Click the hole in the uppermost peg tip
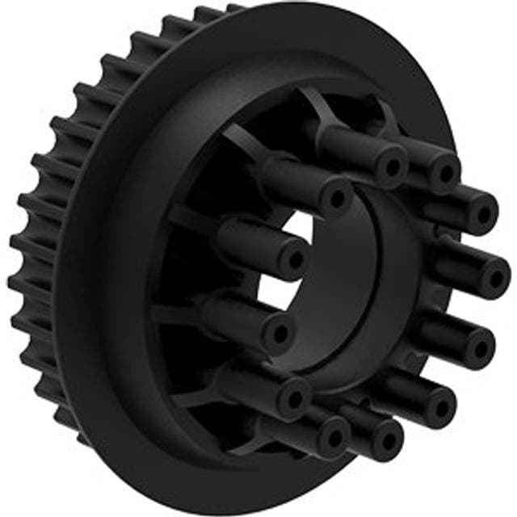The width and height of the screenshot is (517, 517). coord(393,167)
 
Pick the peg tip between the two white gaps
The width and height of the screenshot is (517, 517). coord(295,258)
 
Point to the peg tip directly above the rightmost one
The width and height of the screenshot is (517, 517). coord(484,213)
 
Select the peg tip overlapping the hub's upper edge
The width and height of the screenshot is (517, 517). coord(336,196)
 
